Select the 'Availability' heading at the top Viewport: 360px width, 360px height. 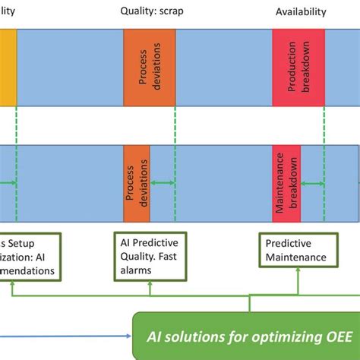point(301,11)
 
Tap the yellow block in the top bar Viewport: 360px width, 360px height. point(8,68)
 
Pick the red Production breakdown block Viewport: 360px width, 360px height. point(298,68)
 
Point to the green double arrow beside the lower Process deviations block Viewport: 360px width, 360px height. point(163,183)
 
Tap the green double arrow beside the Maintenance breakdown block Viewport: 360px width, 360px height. point(312,183)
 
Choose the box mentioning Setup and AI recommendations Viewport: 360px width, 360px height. point(30,256)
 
